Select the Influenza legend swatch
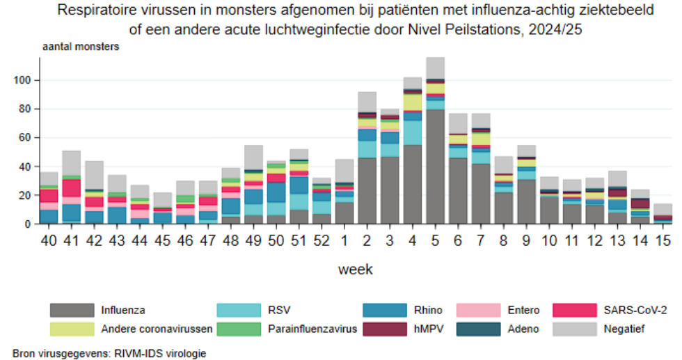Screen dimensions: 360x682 (x=71, y=310)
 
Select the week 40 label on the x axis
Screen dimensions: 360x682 (x=49, y=241)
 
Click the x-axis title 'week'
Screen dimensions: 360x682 (x=357, y=269)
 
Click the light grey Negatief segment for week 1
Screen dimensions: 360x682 (x=344, y=171)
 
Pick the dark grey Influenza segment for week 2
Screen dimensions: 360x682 (x=367, y=191)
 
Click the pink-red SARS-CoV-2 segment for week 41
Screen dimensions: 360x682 (x=71, y=188)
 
